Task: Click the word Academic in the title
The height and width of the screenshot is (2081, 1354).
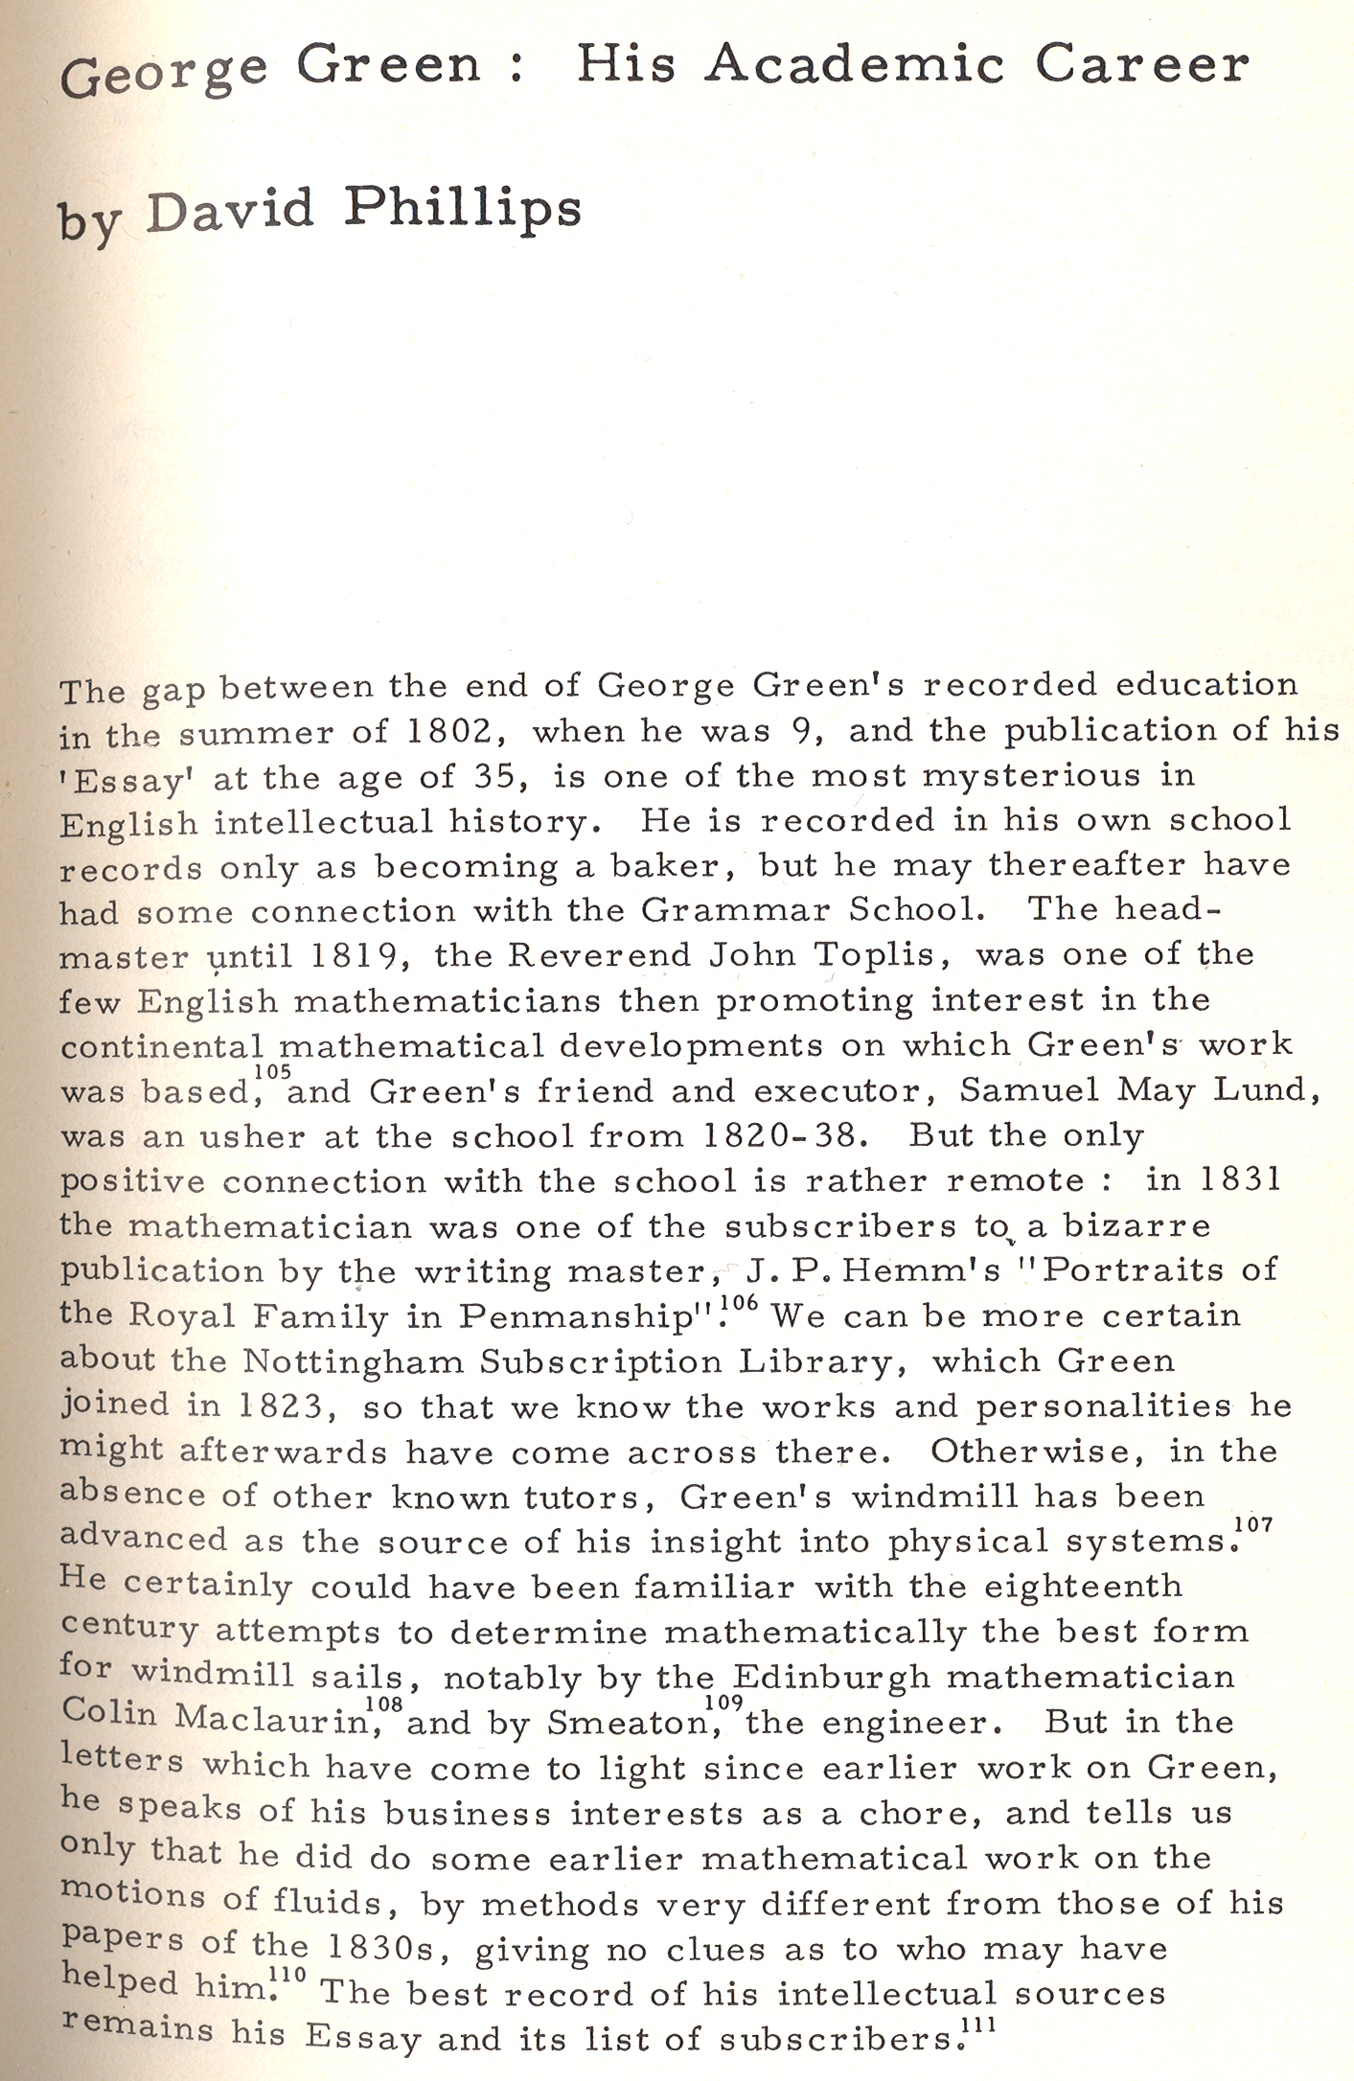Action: point(857,65)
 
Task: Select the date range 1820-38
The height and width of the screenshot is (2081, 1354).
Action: point(786,1136)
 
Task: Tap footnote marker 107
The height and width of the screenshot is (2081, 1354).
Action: point(1253,1523)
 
